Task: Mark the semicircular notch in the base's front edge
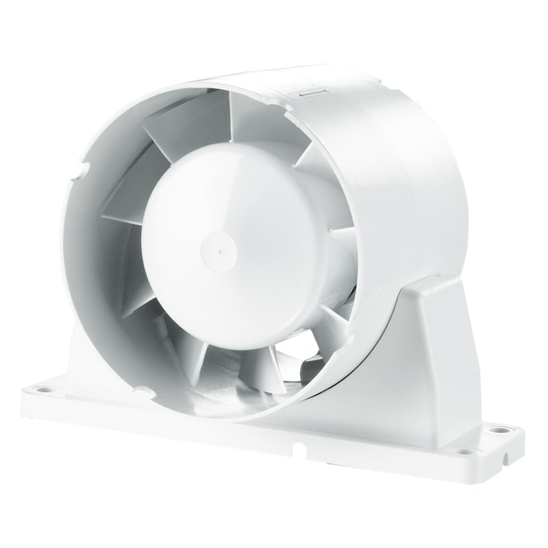(x=299, y=447)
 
